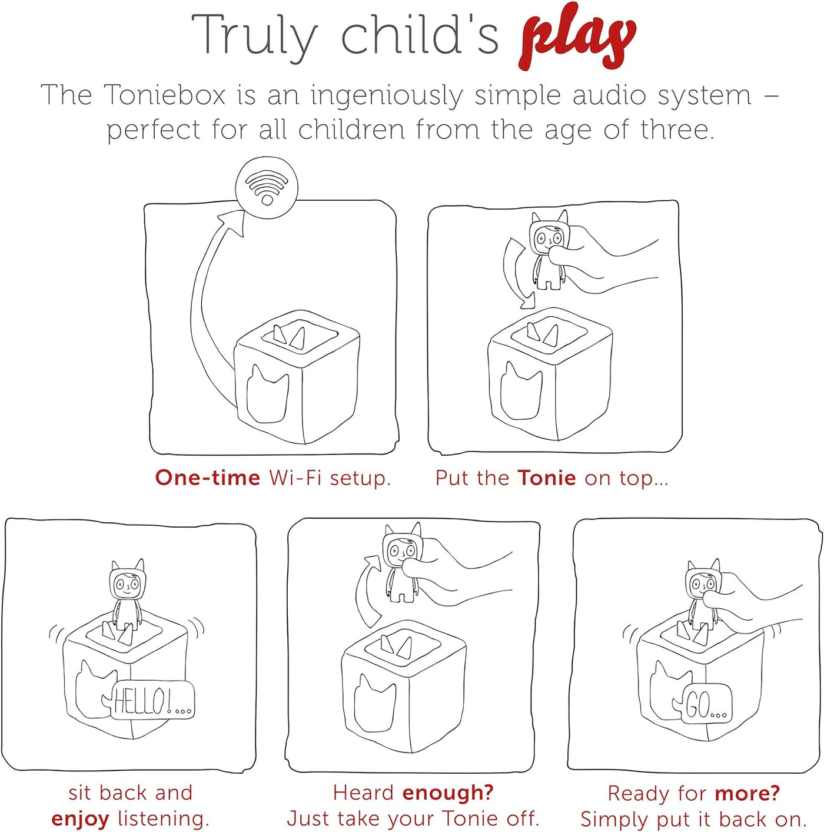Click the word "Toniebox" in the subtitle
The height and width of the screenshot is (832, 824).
click(165, 94)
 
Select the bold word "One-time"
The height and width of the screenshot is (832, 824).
click(208, 478)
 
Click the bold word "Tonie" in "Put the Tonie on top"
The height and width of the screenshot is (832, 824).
click(547, 478)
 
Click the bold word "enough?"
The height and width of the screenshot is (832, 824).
click(448, 793)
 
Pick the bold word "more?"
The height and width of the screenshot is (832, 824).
click(747, 793)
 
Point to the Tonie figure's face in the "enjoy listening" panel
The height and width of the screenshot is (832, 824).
click(126, 585)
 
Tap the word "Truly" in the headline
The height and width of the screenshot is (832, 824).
click(255, 35)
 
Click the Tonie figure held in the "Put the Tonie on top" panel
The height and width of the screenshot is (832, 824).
click(548, 250)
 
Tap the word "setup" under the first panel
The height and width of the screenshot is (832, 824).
click(360, 479)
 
